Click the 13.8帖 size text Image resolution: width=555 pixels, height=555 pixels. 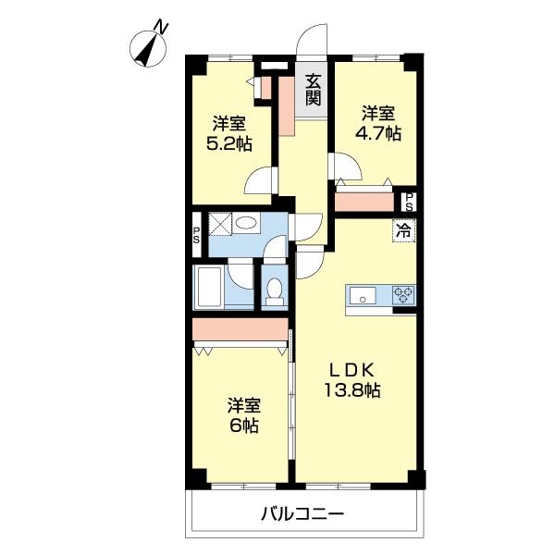351,389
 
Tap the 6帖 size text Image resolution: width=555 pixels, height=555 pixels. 244,426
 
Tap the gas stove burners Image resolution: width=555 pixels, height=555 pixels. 404,296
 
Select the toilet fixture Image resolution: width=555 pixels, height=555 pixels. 274,291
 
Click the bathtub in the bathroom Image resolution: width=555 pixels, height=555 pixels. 208,289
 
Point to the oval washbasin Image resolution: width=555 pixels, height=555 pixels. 246,223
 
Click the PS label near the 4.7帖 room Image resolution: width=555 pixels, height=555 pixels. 407,202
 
